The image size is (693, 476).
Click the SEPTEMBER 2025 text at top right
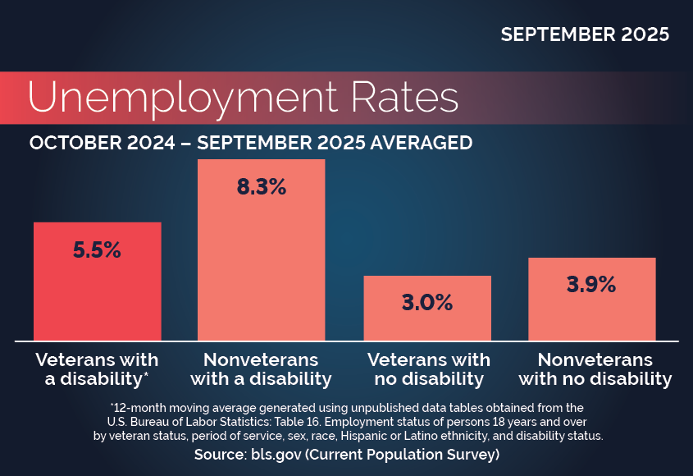click(x=585, y=34)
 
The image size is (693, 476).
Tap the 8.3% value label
click(x=262, y=187)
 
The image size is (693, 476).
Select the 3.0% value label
click(x=427, y=302)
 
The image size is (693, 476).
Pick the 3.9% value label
click(x=591, y=285)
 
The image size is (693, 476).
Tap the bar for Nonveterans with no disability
click(x=591, y=316)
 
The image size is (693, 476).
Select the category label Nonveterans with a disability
click(x=262, y=369)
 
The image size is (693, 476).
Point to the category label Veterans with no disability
click(x=427, y=369)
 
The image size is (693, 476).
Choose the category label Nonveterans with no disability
click(x=595, y=369)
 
